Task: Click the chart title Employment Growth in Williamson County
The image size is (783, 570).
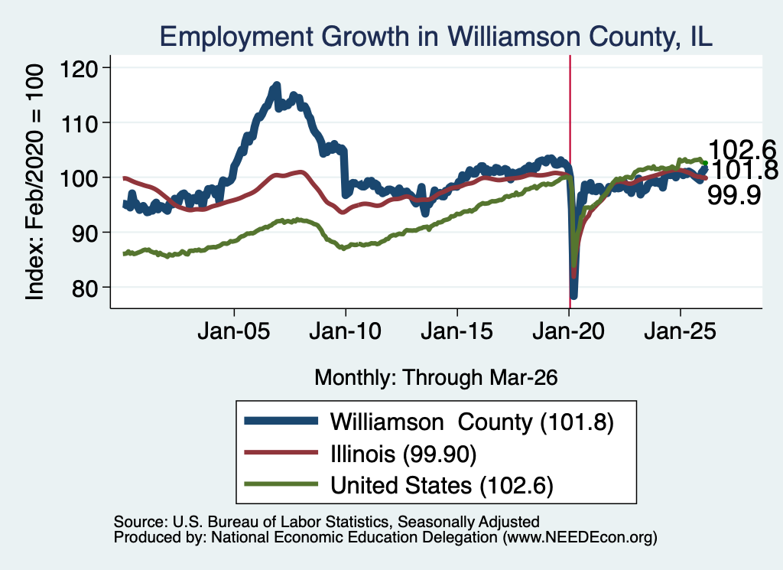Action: pyautogui.click(x=435, y=37)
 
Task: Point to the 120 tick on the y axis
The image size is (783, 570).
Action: pyautogui.click(x=79, y=68)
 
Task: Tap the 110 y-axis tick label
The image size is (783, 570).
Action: pyautogui.click(x=79, y=123)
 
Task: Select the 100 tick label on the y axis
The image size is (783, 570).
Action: pyautogui.click(x=79, y=178)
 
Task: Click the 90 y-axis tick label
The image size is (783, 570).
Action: pyautogui.click(x=85, y=233)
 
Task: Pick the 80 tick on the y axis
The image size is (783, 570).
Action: pyautogui.click(x=85, y=288)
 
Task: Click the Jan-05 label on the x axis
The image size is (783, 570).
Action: pyautogui.click(x=234, y=331)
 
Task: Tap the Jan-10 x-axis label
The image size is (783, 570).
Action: pyautogui.click(x=345, y=331)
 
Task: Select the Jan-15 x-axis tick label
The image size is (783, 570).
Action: pyautogui.click(x=457, y=331)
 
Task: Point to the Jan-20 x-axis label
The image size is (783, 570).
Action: pyautogui.click(x=569, y=331)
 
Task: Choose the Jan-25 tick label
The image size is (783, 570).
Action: pyautogui.click(x=680, y=331)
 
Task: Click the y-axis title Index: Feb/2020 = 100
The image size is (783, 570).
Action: pyautogui.click(x=34, y=182)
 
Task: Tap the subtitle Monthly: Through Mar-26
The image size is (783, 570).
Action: pyautogui.click(x=436, y=377)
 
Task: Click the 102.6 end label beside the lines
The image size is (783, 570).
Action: pyautogui.click(x=742, y=149)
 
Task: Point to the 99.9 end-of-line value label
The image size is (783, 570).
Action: pyautogui.click(x=734, y=195)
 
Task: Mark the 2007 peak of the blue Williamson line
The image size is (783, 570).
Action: pyautogui.click(x=276, y=86)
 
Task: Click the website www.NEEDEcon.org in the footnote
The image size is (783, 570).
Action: pyautogui.click(x=580, y=538)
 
